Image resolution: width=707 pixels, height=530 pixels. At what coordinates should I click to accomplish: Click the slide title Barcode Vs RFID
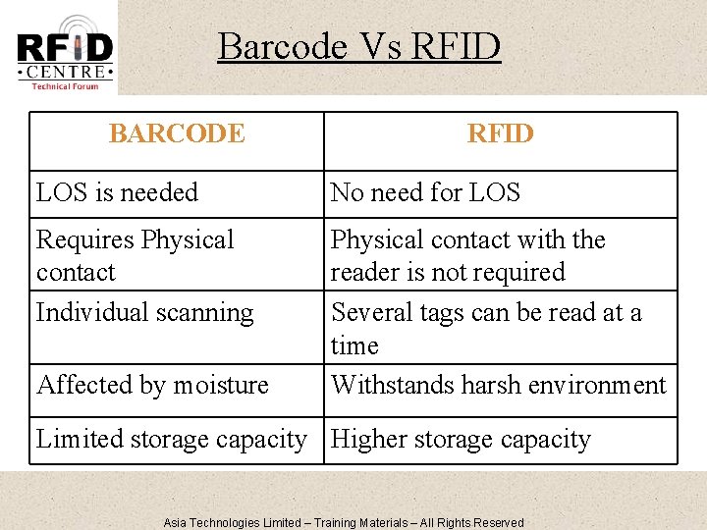coord(358,46)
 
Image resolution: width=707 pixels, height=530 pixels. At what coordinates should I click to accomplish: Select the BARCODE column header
coord(177,133)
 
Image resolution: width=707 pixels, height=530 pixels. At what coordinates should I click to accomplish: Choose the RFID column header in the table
coord(500,133)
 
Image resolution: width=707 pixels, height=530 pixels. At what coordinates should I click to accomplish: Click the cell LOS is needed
coord(117,192)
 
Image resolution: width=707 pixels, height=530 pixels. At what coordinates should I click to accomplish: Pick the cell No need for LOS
coord(425,192)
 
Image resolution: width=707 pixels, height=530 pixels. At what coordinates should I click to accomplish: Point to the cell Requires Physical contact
coord(135,255)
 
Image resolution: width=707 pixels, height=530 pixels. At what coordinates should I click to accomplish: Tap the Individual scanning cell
coord(144,312)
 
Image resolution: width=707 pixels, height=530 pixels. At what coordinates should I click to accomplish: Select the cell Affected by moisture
coord(152,385)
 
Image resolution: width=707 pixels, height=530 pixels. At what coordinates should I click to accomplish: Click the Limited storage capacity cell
coord(171,440)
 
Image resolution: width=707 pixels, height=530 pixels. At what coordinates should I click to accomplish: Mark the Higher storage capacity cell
coord(461,440)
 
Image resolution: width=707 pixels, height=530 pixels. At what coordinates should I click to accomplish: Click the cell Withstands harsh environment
coord(498,385)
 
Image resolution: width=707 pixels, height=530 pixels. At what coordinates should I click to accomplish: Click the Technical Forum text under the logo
coord(65,86)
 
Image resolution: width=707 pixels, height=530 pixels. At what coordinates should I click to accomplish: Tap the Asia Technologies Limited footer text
coord(233,522)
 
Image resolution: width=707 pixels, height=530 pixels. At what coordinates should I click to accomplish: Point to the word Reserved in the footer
coord(498,522)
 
